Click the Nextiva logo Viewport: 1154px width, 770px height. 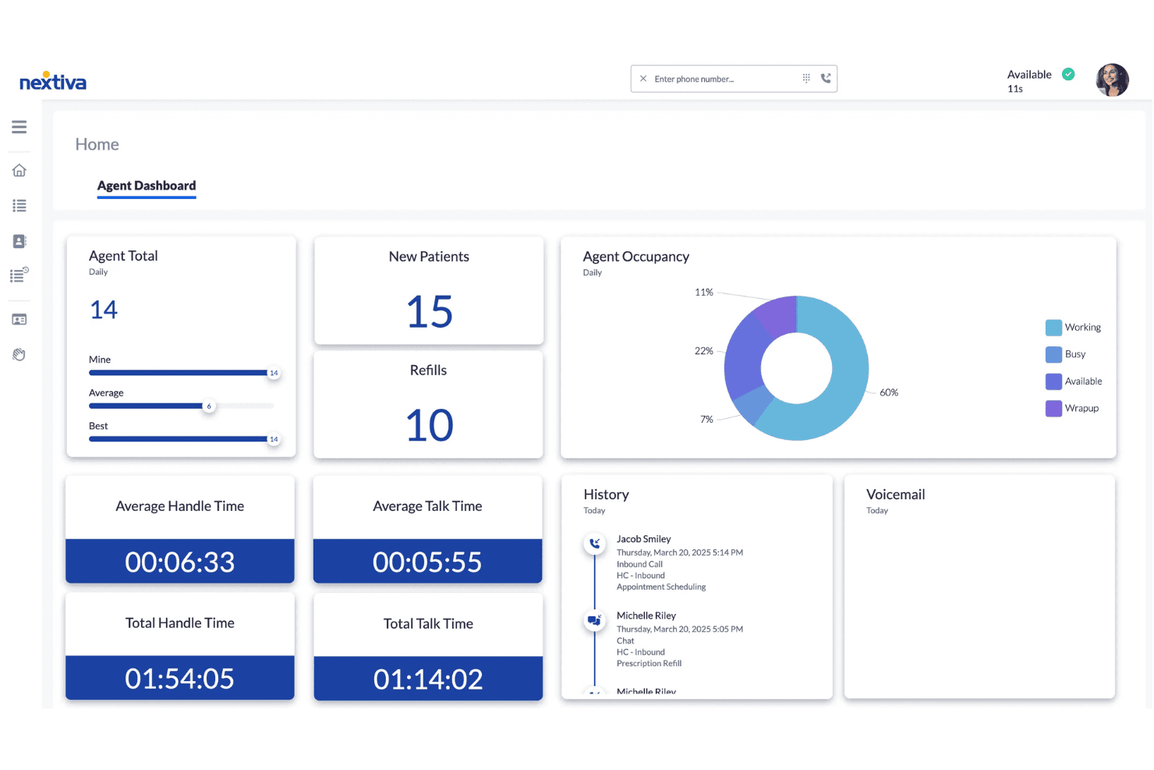click(52, 81)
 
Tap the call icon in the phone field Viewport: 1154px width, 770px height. click(826, 78)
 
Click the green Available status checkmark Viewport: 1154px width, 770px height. click(1068, 75)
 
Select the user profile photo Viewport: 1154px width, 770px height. click(1112, 80)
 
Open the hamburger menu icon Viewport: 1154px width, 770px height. click(19, 127)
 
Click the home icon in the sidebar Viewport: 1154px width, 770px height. click(19, 170)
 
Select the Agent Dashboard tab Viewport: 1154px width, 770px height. click(147, 186)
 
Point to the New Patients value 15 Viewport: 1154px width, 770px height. click(430, 311)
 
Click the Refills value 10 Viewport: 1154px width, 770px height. click(430, 425)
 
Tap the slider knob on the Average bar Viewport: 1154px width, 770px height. click(209, 406)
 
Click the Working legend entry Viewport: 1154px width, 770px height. click(1073, 328)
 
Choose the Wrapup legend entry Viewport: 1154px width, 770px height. click(1072, 408)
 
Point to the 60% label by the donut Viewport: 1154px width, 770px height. click(889, 392)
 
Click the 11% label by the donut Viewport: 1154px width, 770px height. click(704, 293)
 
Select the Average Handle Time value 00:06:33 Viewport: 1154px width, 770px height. click(180, 562)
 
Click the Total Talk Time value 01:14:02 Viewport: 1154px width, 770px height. click(428, 679)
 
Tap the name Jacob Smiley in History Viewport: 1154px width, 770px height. click(644, 539)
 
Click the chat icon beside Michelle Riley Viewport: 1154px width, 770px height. click(594, 620)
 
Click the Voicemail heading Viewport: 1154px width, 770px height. click(895, 495)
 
